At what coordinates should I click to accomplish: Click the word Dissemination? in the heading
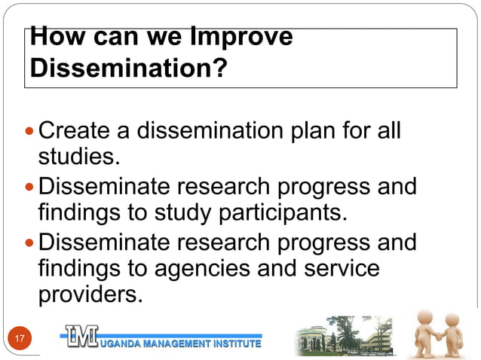click(129, 70)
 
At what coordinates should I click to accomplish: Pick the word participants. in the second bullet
click(283, 212)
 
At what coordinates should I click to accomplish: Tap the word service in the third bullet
click(342, 268)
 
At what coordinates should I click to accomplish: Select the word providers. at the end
click(90, 294)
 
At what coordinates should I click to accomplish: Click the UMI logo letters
click(80, 337)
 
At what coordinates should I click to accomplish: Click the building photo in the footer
click(344, 336)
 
